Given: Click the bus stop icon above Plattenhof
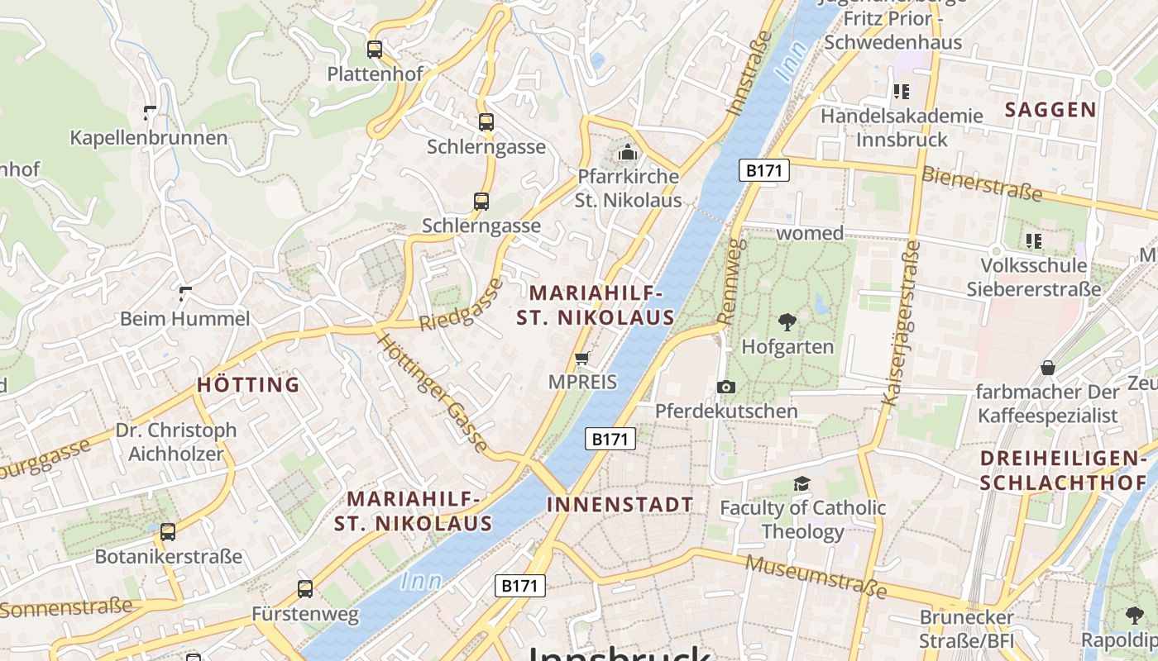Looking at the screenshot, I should [375, 50].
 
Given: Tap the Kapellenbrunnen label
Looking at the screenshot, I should [148, 137].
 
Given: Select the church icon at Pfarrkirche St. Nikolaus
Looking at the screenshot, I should [628, 153].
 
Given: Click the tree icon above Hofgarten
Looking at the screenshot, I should [787, 322].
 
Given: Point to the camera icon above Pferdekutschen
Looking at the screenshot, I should [726, 387].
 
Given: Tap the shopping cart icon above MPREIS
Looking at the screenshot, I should [582, 359].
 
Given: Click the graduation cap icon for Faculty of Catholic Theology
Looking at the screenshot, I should [801, 484].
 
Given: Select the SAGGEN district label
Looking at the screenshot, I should [1050, 110].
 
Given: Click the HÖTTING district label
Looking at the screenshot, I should [248, 385].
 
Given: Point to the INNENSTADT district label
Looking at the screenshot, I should [620, 505].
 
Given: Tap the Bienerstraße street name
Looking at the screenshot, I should [982, 183].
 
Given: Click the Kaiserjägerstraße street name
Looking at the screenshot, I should [901, 323].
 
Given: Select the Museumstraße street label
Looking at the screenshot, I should [816, 577].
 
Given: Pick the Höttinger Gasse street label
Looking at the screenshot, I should [433, 392].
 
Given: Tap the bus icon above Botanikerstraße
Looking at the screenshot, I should [168, 532].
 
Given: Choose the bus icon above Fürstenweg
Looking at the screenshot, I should [305, 589].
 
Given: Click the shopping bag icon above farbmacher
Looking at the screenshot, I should [1048, 368].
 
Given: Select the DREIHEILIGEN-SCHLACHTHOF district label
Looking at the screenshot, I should [1064, 471].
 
